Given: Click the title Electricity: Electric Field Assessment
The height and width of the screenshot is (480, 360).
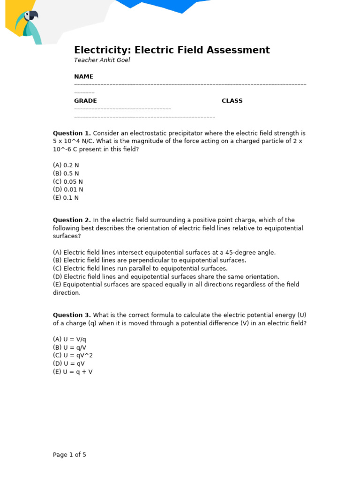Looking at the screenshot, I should coord(172,50).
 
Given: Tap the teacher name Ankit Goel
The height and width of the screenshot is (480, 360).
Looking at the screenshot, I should coord(102,60).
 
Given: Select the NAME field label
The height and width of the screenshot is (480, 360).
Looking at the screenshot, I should coord(83,76).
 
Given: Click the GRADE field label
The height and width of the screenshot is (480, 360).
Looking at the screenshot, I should coord(85,101).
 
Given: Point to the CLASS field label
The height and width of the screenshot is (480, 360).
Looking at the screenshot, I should coord(232,101).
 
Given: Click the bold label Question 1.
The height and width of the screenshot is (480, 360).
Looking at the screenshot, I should coord(72,133).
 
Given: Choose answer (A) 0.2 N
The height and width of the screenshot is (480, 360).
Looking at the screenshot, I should coord(66,165).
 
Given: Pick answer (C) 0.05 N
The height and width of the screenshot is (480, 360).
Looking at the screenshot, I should coord(67,181).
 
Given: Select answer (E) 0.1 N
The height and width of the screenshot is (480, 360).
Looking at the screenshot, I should coord(66,198).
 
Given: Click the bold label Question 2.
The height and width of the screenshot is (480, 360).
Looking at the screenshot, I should coord(72,220).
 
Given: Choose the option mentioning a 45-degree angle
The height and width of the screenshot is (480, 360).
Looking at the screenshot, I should coord(164,252).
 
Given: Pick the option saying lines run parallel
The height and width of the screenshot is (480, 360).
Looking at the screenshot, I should coord(140,269).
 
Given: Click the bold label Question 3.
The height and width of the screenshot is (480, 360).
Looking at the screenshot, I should coord(72,315).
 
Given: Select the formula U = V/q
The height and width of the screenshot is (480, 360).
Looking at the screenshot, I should coord(69,339).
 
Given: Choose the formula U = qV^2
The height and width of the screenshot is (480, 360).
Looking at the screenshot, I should coord(73,355).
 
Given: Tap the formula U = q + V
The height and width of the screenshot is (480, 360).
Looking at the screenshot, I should coord(73,372).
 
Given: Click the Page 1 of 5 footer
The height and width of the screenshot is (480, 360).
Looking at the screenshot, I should coord(69,455).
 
